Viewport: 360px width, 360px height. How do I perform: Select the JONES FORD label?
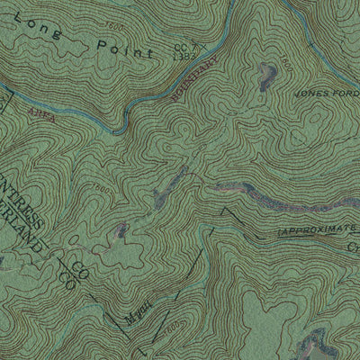pos(324,94)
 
